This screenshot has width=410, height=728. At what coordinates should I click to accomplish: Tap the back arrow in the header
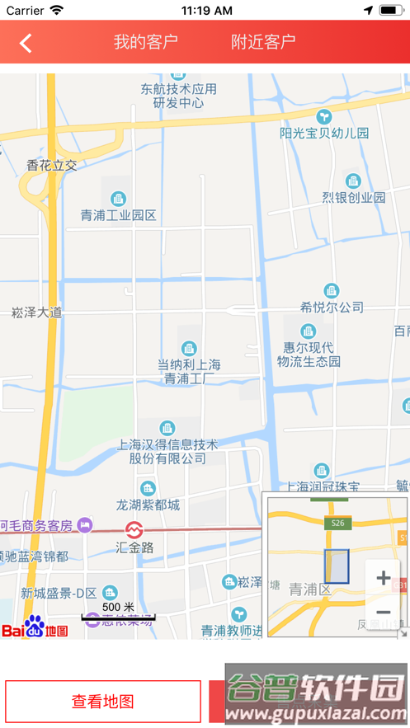26,43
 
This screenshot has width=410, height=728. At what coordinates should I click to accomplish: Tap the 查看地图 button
103,702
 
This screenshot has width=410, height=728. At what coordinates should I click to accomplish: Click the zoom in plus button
383,578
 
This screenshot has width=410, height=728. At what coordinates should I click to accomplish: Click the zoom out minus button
383,613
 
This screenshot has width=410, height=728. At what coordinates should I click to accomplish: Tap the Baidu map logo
35,627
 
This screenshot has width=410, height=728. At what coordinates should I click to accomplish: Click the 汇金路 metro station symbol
134,529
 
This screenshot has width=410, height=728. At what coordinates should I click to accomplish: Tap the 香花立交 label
52,165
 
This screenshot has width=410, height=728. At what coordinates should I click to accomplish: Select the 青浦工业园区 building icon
119,199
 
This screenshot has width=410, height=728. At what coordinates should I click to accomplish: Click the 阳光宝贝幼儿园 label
324,133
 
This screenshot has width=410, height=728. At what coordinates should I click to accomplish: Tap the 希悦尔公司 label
332,307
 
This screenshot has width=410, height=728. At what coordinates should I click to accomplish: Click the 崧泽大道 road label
36,312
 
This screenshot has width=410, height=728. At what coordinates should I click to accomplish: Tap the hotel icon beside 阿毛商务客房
84,524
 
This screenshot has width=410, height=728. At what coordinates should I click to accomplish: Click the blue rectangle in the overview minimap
337,566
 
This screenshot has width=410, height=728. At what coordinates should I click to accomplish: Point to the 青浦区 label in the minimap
309,589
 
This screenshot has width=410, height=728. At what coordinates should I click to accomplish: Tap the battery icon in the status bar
389,11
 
